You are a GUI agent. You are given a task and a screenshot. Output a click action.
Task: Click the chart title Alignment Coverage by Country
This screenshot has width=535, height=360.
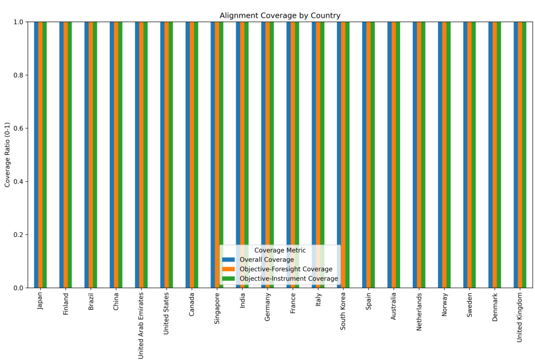pos(280,15)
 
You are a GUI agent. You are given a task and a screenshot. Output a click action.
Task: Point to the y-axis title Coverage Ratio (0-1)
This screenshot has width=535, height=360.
pos(8,155)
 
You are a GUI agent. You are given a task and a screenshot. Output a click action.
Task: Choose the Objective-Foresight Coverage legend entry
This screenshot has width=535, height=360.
pos(286,269)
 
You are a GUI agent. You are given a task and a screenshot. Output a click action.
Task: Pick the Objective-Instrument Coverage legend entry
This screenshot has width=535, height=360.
pos(288,279)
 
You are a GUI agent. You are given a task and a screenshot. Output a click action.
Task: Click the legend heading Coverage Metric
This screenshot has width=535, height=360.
pos(280,250)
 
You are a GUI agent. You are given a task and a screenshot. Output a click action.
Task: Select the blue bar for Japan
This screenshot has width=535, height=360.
pos(36,155)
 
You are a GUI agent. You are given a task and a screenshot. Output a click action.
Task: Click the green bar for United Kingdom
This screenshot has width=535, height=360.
pos(524,155)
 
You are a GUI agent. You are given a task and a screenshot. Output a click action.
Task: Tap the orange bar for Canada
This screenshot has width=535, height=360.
pos(192,155)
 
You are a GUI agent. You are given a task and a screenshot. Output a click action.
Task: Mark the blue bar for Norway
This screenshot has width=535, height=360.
pos(440,155)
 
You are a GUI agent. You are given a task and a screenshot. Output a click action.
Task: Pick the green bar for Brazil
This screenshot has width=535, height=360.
pos(95,155)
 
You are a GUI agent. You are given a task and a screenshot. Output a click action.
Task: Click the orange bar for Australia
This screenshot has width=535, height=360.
pos(394,155)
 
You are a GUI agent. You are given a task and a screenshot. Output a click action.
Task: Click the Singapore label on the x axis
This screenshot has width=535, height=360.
pos(217,308)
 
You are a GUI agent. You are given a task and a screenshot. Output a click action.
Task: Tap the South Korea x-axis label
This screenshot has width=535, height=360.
pos(343,311)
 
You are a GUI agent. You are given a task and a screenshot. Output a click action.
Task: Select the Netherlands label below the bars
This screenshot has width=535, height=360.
pos(419,311)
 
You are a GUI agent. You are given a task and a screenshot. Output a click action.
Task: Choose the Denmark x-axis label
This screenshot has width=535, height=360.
pos(495,307)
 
